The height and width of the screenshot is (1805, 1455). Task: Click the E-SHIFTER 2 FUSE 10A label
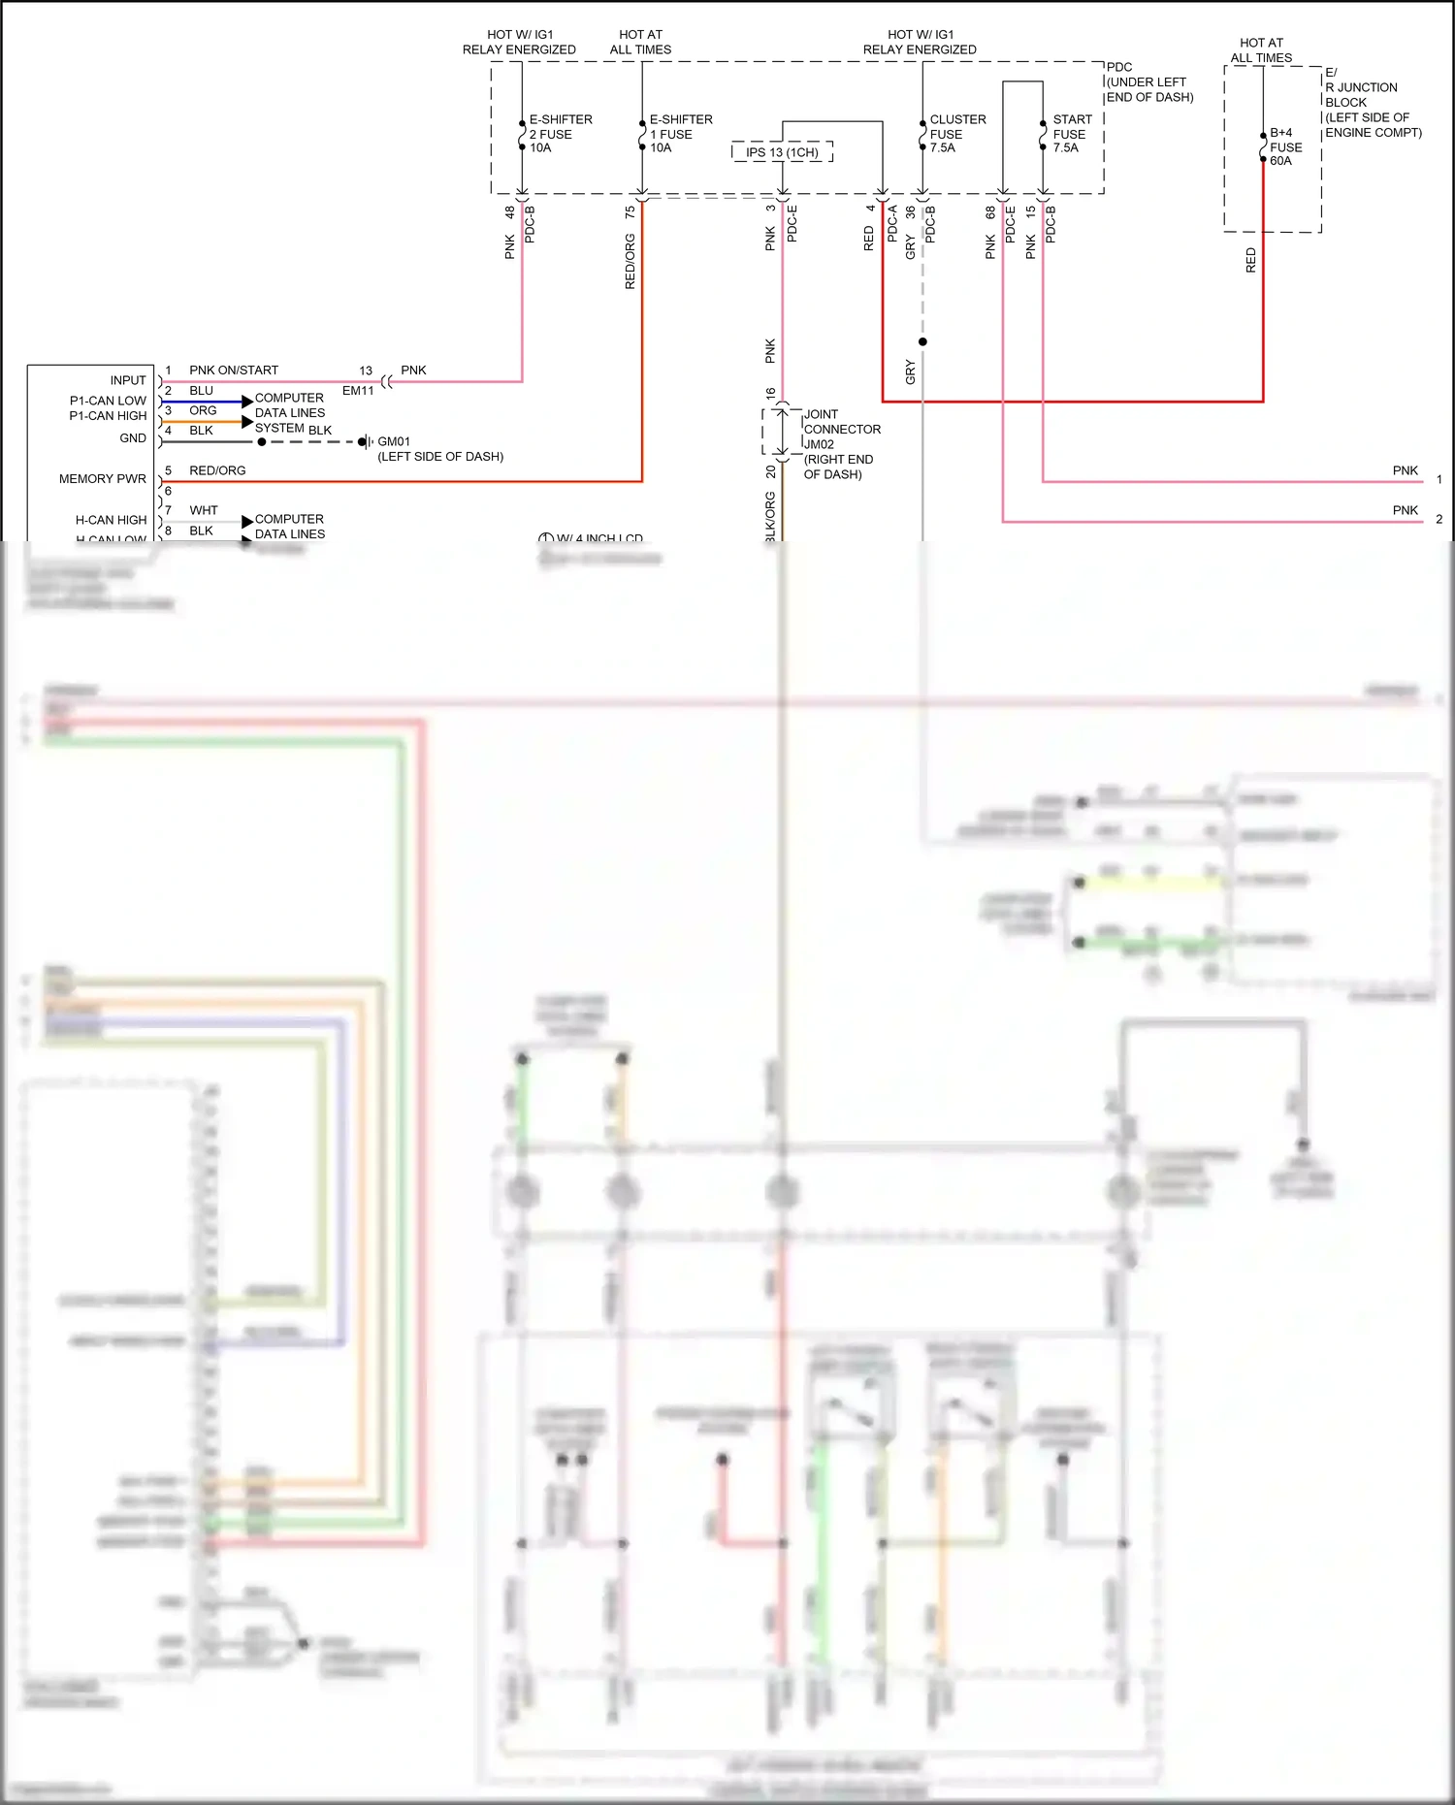560,134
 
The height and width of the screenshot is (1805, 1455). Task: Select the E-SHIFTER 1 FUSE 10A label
680,134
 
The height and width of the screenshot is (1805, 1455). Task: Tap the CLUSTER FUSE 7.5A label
956,134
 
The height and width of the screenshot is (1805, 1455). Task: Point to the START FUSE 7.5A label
1072,134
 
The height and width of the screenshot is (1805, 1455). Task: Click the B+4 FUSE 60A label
1285,146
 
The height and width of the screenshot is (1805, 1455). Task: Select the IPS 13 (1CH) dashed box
782,152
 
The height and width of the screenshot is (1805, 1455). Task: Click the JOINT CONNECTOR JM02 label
841,429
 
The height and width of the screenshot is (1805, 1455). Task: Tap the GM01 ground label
394,441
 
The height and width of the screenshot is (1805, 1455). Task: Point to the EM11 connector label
358,391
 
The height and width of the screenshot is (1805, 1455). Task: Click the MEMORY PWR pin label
103,479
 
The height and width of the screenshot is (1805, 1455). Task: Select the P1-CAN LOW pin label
108,401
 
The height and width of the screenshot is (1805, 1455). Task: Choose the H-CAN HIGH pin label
111,520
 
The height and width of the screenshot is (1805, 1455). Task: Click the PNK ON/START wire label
234,371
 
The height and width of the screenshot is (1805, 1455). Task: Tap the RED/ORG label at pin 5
217,470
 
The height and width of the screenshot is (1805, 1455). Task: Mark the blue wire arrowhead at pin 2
247,402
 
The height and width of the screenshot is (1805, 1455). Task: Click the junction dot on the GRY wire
922,341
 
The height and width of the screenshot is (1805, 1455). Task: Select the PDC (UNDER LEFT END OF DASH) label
1148,82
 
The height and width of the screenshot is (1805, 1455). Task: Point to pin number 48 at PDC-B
510,211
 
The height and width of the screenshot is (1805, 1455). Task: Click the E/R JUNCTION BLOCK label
1372,102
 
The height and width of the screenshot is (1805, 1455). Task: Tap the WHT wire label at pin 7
204,510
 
